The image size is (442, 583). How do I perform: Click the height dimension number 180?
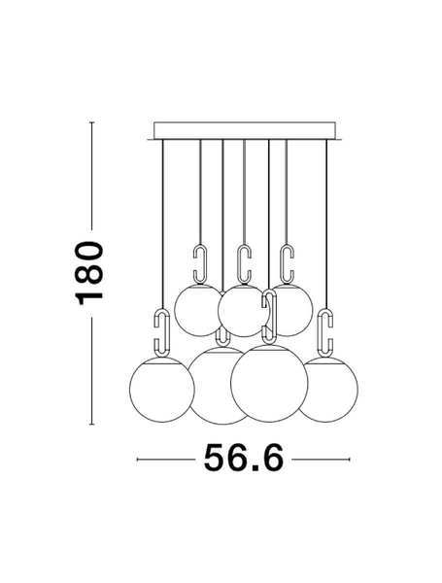[x=90, y=271]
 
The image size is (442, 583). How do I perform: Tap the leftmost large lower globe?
[x=161, y=390]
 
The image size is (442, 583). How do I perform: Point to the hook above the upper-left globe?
[x=200, y=263]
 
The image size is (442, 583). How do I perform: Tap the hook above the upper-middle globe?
[x=243, y=263]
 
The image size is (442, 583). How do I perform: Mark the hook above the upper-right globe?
[x=286, y=263]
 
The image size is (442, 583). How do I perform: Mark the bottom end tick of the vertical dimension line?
[x=90, y=425]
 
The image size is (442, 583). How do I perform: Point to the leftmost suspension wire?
[x=161, y=223]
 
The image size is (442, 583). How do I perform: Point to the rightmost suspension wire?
[x=326, y=223]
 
